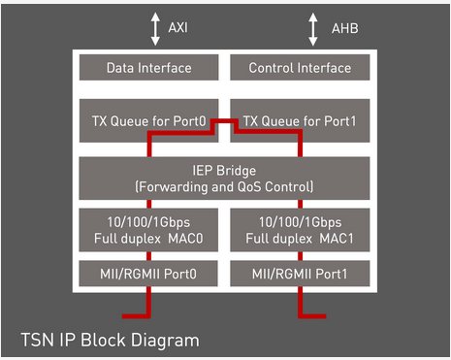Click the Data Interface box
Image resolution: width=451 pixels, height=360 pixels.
(149, 68)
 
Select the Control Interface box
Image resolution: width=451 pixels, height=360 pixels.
(299, 68)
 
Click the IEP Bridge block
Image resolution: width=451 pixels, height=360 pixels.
(225, 177)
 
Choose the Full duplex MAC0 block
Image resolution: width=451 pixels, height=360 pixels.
(149, 230)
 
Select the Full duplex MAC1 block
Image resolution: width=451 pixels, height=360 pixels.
(299, 230)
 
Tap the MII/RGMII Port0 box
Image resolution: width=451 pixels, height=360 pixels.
(149, 275)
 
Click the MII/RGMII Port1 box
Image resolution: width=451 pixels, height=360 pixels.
(299, 275)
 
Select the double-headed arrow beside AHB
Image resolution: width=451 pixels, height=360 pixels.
(312, 29)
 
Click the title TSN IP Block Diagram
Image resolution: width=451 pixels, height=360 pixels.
(110, 340)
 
